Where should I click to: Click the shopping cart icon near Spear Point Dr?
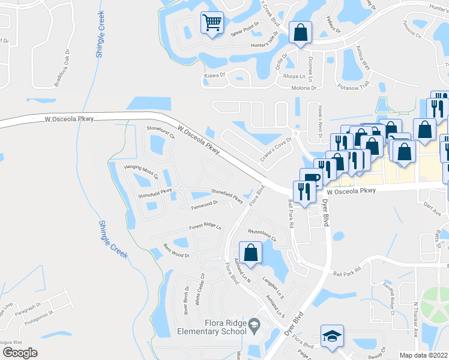point(211,23)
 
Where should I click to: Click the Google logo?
point(20,353)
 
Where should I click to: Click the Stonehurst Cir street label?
point(161,133)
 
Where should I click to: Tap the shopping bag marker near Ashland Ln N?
point(251,252)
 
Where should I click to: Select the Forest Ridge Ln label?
point(205,227)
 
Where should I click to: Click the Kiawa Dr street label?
point(214,75)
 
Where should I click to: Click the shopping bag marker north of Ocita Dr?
point(300,32)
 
